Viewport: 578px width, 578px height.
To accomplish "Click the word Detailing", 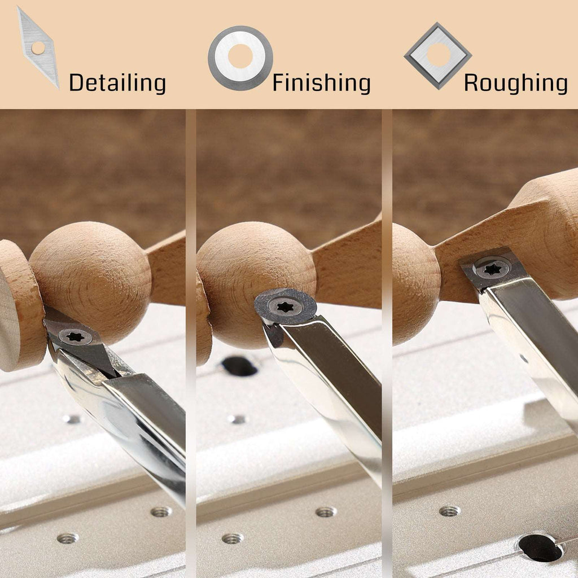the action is tap(117, 83).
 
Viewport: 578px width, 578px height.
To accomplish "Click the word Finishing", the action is tap(321, 83).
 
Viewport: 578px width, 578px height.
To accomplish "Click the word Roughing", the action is tap(516, 83).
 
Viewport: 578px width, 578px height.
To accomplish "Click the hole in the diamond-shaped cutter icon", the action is tap(38, 48).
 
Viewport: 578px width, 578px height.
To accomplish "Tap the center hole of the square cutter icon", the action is tap(438, 55).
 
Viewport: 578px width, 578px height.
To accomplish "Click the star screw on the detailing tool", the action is tap(75, 336).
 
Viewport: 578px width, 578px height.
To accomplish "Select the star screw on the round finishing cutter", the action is tap(286, 306).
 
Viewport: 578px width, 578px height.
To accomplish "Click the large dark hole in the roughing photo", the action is tap(541, 548).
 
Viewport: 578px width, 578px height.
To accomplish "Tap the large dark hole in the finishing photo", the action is tap(239, 366).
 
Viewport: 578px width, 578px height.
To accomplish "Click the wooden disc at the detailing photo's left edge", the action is tap(20, 306).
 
